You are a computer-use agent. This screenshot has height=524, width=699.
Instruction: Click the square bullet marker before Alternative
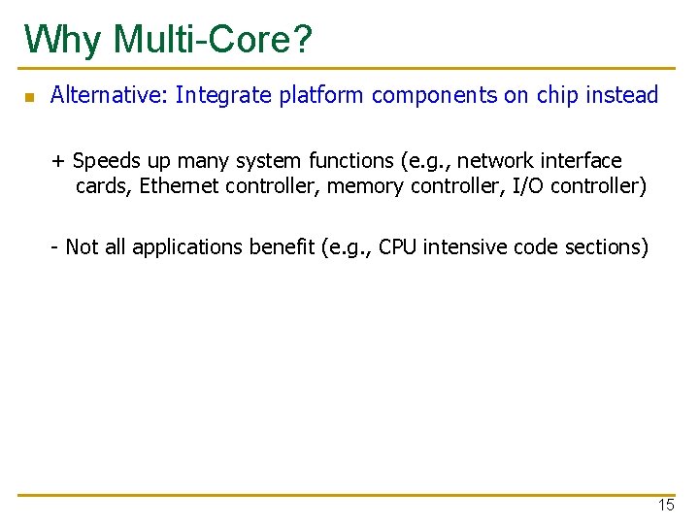(x=29, y=97)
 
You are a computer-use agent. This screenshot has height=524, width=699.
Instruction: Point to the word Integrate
(x=220, y=95)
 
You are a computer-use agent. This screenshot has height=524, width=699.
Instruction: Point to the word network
(x=497, y=160)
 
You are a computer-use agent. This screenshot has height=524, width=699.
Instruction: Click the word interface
(x=582, y=160)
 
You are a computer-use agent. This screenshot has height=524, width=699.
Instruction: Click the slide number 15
(x=665, y=505)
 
